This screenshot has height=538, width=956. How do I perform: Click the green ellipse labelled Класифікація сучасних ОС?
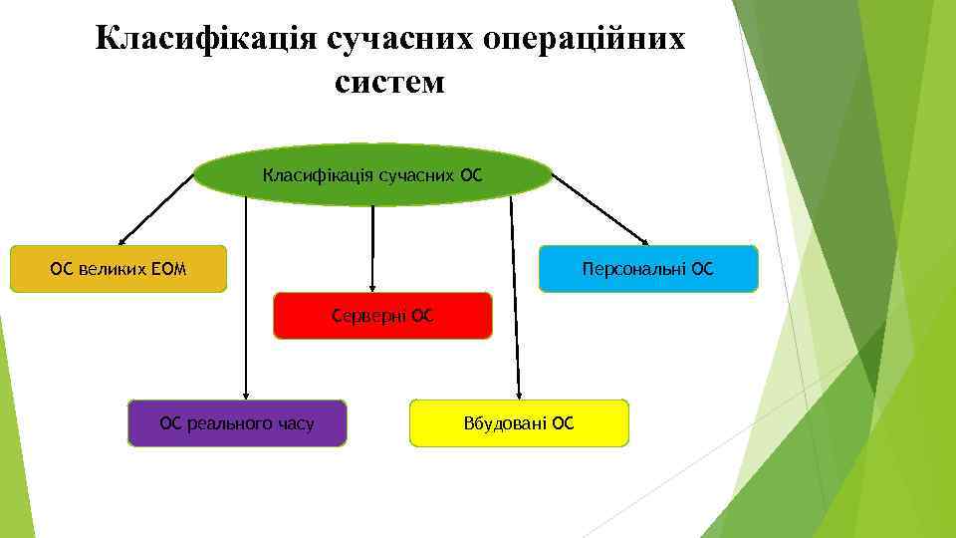[x=372, y=176]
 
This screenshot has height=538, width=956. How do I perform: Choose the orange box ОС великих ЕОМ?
[x=119, y=269]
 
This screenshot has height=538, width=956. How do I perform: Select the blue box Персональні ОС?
[x=648, y=269]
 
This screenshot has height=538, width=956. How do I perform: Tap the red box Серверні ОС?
[x=383, y=316]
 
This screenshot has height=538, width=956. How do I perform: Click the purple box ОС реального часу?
[x=237, y=423]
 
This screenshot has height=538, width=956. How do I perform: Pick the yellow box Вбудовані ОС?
[x=519, y=423]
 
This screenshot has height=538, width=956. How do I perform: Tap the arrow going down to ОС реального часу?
[x=246, y=299]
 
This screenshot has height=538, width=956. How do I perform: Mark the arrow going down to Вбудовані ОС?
[x=514, y=299]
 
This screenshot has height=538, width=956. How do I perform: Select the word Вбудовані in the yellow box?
[x=505, y=423]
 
